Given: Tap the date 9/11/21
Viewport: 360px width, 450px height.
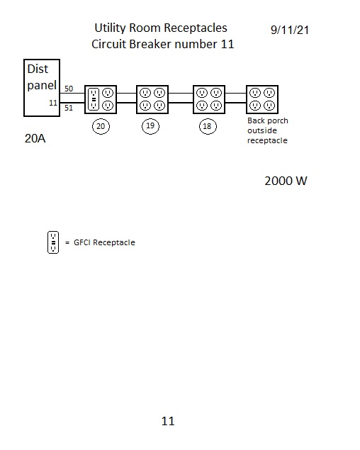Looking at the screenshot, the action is click(x=290, y=30).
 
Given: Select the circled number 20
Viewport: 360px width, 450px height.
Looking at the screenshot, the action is click(x=101, y=126).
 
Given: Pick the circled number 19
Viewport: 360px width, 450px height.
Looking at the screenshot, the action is click(x=150, y=125).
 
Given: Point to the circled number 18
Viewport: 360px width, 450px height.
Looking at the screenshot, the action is click(x=208, y=126).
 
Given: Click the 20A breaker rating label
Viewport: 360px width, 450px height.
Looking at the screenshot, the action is click(x=35, y=138).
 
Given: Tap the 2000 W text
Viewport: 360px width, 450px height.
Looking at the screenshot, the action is click(x=286, y=181).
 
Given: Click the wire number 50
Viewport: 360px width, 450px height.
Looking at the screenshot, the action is click(x=69, y=89).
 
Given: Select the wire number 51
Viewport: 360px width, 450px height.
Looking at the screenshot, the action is click(x=69, y=108).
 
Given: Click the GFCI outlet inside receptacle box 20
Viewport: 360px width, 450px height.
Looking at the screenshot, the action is click(x=93, y=99).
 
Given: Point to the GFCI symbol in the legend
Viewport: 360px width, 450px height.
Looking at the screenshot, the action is click(x=53, y=242).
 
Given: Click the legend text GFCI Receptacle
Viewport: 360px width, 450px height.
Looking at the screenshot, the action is click(x=104, y=242).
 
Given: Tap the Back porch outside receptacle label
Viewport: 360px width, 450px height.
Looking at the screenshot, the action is click(x=268, y=130).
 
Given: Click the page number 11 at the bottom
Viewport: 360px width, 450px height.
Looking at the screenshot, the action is click(x=168, y=421).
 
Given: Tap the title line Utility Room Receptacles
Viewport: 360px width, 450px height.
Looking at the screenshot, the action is click(x=161, y=28).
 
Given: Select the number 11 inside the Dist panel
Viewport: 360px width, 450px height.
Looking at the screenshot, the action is click(x=53, y=103).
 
